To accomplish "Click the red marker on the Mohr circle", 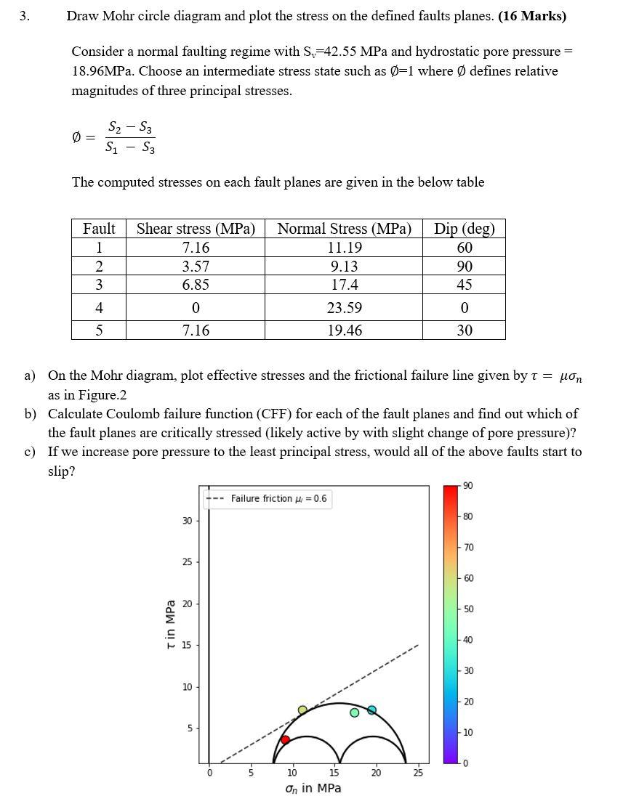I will (x=285, y=739).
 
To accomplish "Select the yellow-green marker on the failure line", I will (x=302, y=710).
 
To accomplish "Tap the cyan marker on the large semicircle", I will (x=371, y=710).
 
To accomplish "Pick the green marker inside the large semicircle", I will (x=355, y=712).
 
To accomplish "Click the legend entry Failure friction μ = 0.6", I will (x=278, y=498).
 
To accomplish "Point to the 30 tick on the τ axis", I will (x=187, y=521).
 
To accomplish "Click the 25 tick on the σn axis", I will (x=417, y=773).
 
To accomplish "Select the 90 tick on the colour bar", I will (x=467, y=485).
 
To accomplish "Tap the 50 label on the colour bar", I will (x=467, y=609).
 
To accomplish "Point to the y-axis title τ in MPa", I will (x=170, y=624).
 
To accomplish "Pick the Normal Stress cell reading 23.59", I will (x=344, y=308).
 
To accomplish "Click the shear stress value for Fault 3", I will (x=196, y=285).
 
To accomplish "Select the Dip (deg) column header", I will (x=464, y=228).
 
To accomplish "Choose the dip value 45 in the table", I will (x=464, y=285).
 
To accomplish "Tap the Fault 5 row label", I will (x=99, y=330).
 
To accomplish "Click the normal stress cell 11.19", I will (x=344, y=248).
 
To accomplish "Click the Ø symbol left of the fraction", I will (x=78, y=137).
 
